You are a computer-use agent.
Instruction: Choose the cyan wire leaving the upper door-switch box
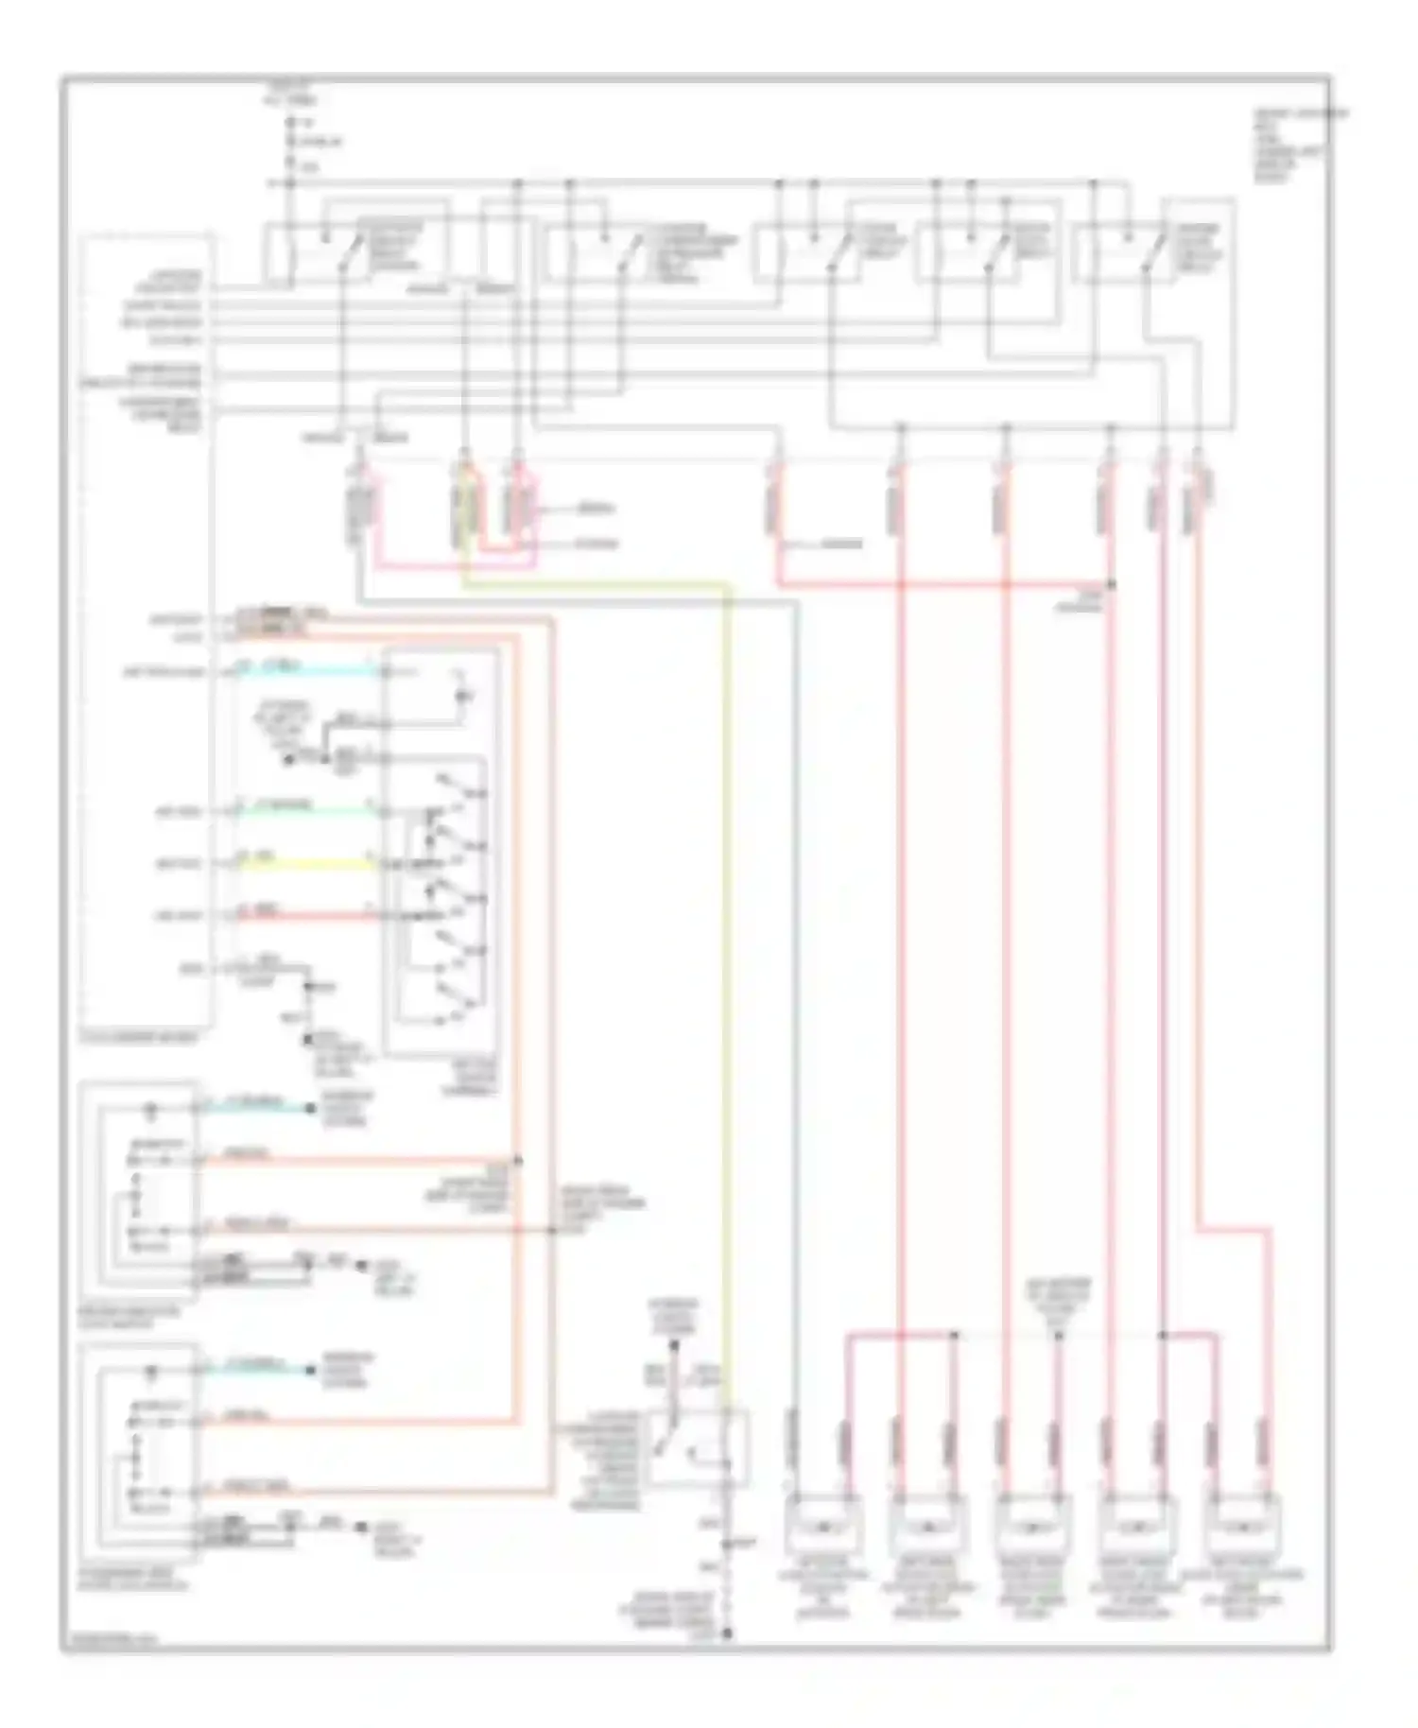pos(255,1107)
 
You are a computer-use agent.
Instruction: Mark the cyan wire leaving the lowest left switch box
pos(255,1369)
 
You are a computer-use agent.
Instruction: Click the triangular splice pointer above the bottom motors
pos(1059,1335)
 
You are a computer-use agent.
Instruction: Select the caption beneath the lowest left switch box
pos(142,1581)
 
